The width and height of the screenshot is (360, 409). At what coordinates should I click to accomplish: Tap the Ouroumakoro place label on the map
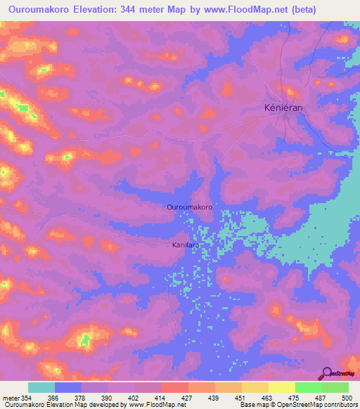[x=189, y=207]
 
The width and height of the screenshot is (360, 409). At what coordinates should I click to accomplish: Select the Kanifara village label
[x=186, y=245]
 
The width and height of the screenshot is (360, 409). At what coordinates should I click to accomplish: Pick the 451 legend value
[x=241, y=398]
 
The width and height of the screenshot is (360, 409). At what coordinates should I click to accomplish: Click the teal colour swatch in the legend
[x=41, y=387]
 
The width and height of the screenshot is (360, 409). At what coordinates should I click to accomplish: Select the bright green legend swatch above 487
[x=308, y=387]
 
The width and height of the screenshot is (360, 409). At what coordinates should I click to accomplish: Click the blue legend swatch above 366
[x=68, y=387]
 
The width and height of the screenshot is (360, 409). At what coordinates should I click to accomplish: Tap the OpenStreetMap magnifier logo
[x=327, y=375]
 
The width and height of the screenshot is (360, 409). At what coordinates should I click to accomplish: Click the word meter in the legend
[x=10, y=398]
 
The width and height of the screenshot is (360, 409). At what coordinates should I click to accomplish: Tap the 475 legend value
[x=295, y=398]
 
